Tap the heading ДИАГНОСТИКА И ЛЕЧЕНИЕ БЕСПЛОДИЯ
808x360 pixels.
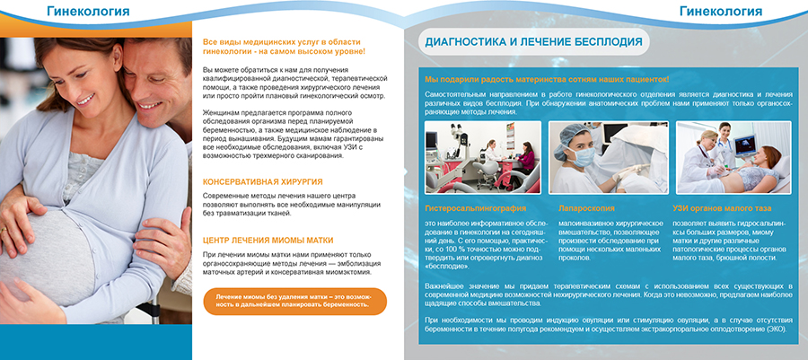pyautogui.click(x=537, y=41)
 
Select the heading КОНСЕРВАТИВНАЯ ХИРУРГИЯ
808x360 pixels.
pyautogui.click(x=263, y=181)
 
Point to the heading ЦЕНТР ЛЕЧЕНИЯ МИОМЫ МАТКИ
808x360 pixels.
pyautogui.click(x=268, y=241)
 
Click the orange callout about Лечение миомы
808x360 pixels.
pyautogui.click(x=293, y=300)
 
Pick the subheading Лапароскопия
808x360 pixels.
pyautogui.click(x=587, y=208)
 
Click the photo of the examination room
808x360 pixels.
pyautogui.click(x=483, y=157)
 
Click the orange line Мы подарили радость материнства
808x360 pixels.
pyautogui.click(x=548, y=80)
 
